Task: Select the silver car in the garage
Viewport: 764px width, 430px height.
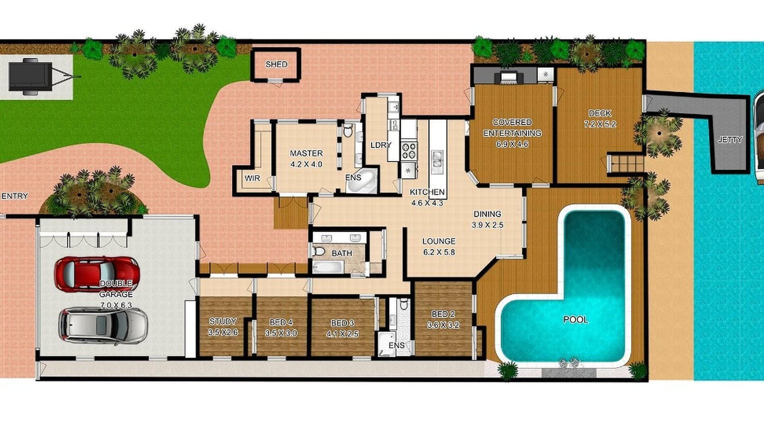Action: tap(103, 325)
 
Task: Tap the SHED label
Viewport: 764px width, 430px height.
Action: tap(276, 64)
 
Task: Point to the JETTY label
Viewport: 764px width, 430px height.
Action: tap(730, 140)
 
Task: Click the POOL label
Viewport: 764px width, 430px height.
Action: tap(575, 319)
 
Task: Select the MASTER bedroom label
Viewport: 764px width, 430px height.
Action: tap(306, 153)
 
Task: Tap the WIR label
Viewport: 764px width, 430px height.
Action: tap(252, 178)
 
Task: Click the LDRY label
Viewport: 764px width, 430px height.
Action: tap(381, 145)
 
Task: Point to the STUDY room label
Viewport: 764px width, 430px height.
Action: tap(223, 321)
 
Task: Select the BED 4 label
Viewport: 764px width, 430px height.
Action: tap(281, 322)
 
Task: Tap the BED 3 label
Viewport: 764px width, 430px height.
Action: tap(342, 323)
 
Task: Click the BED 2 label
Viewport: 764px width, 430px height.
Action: tap(443, 314)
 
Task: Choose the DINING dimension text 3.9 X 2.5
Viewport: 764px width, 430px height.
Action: tap(487, 225)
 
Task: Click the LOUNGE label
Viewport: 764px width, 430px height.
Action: tap(439, 241)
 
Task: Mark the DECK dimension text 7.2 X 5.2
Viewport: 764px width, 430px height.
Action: tap(600, 124)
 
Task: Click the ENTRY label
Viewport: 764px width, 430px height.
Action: tap(15, 196)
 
